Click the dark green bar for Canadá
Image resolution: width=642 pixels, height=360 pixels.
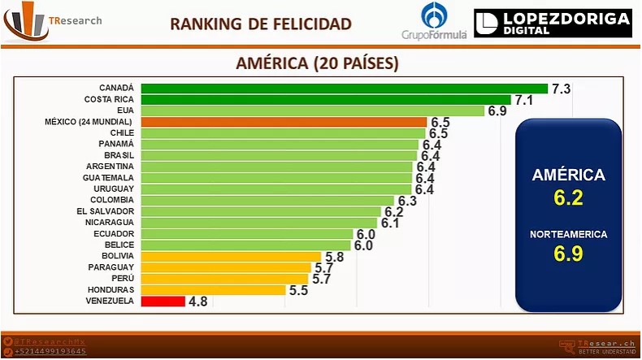point(345,88)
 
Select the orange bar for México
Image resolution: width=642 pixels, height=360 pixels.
point(283,121)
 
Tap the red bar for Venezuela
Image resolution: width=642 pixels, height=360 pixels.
point(163,301)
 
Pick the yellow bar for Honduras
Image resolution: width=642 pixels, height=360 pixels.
point(213,289)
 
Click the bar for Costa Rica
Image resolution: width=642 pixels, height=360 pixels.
point(326,99)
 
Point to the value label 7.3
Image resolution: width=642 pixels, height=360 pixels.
point(562,89)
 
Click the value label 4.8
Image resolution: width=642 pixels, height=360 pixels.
point(197,301)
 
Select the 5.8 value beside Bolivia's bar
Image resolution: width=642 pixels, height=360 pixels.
point(334,257)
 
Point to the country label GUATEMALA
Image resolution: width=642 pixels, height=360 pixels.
point(110,177)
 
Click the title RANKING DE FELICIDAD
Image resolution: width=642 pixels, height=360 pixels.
point(261,24)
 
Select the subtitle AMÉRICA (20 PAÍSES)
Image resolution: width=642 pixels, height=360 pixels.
point(317,63)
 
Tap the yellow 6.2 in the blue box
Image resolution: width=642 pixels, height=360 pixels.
point(568,197)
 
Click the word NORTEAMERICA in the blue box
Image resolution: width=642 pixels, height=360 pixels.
point(568,234)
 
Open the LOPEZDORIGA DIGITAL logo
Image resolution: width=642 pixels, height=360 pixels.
point(553,24)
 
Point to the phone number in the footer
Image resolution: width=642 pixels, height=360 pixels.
point(50,351)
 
